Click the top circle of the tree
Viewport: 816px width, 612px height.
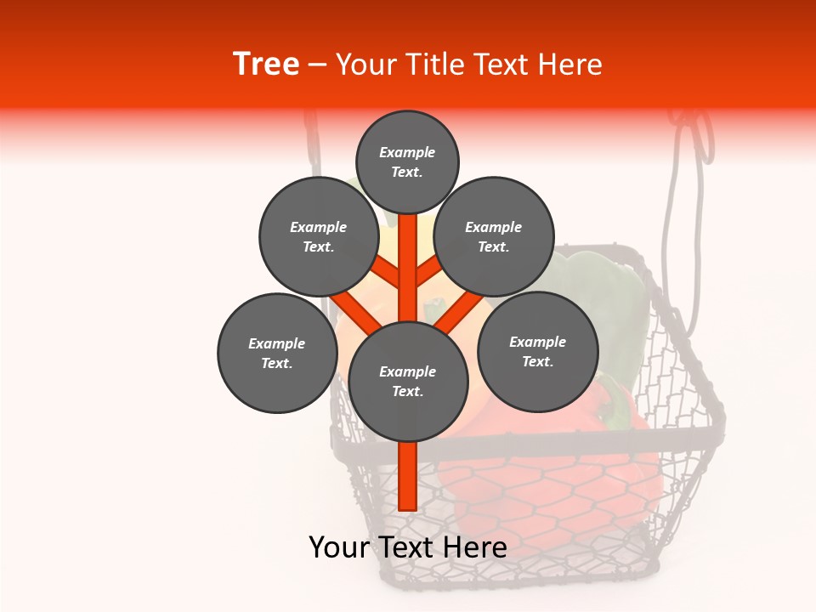pos(407,161)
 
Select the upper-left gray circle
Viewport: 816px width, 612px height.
pos(318,236)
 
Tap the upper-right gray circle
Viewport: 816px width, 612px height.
pos(494,236)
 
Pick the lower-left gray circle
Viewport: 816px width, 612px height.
pos(277,353)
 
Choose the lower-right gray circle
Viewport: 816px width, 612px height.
pos(537,351)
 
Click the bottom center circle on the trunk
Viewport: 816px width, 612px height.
pos(408,381)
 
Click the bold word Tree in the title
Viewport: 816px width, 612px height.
pos(266,64)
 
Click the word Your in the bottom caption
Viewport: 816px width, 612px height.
pos(338,547)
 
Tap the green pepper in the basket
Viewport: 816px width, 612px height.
pos(595,297)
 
